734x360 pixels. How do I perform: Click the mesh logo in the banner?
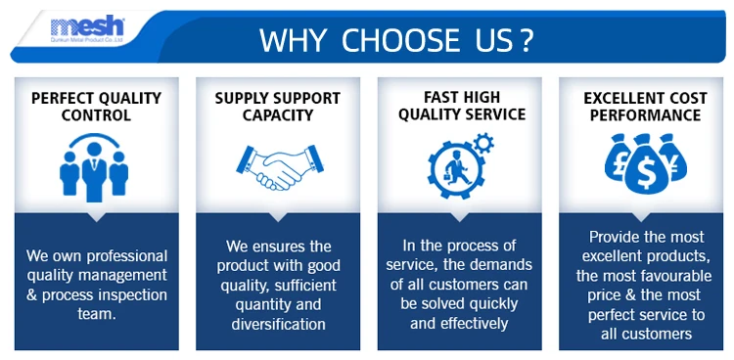pos(87,29)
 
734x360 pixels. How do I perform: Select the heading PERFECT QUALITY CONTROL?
pos(97,107)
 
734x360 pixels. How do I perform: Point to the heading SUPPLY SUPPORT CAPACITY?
pos(278,107)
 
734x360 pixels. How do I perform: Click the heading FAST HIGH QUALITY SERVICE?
pos(462,106)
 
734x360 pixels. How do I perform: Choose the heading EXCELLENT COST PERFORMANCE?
pos(645,107)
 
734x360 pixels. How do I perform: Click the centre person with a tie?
pos(94,171)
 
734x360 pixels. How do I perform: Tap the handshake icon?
pos(280,167)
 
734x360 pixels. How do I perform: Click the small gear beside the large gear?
pos(483,143)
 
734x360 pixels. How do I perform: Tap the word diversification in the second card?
pos(278,324)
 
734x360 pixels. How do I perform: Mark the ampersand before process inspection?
pos(32,295)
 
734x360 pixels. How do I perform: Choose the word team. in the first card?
pos(97,314)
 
